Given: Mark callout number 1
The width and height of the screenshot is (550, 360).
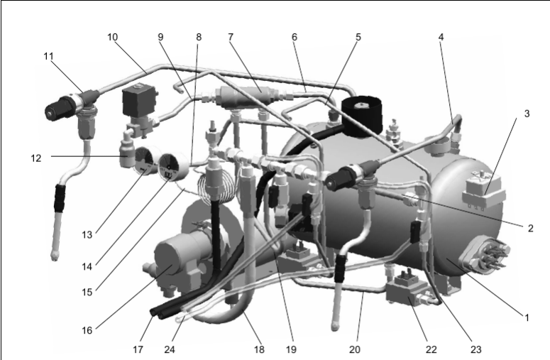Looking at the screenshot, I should (x=525, y=317).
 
